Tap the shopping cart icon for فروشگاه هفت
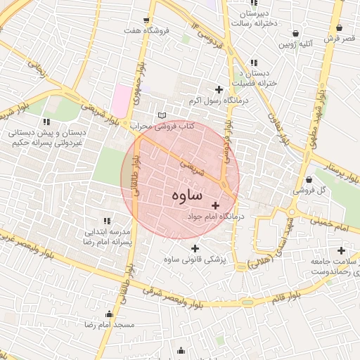(x=146, y=20)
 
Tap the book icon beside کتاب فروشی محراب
(x=163, y=115)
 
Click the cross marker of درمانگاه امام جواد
(x=214, y=205)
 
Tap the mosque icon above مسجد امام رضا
(x=109, y=314)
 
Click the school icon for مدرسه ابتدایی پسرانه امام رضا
(x=108, y=221)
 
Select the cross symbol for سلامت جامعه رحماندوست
(x=341, y=250)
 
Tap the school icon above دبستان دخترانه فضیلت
(x=252, y=63)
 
